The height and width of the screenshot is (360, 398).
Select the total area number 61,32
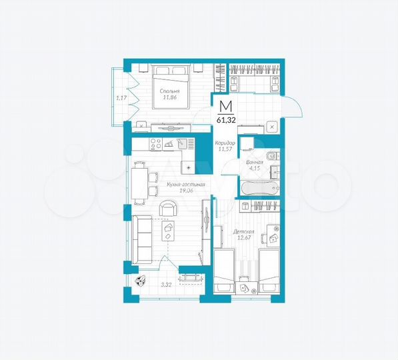[x=226, y=120]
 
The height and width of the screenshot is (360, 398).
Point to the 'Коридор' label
[x=224, y=143]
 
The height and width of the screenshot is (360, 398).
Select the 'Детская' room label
[x=242, y=231]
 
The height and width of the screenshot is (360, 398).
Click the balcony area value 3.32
[x=166, y=285]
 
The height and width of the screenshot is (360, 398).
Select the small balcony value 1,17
[x=121, y=98]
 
